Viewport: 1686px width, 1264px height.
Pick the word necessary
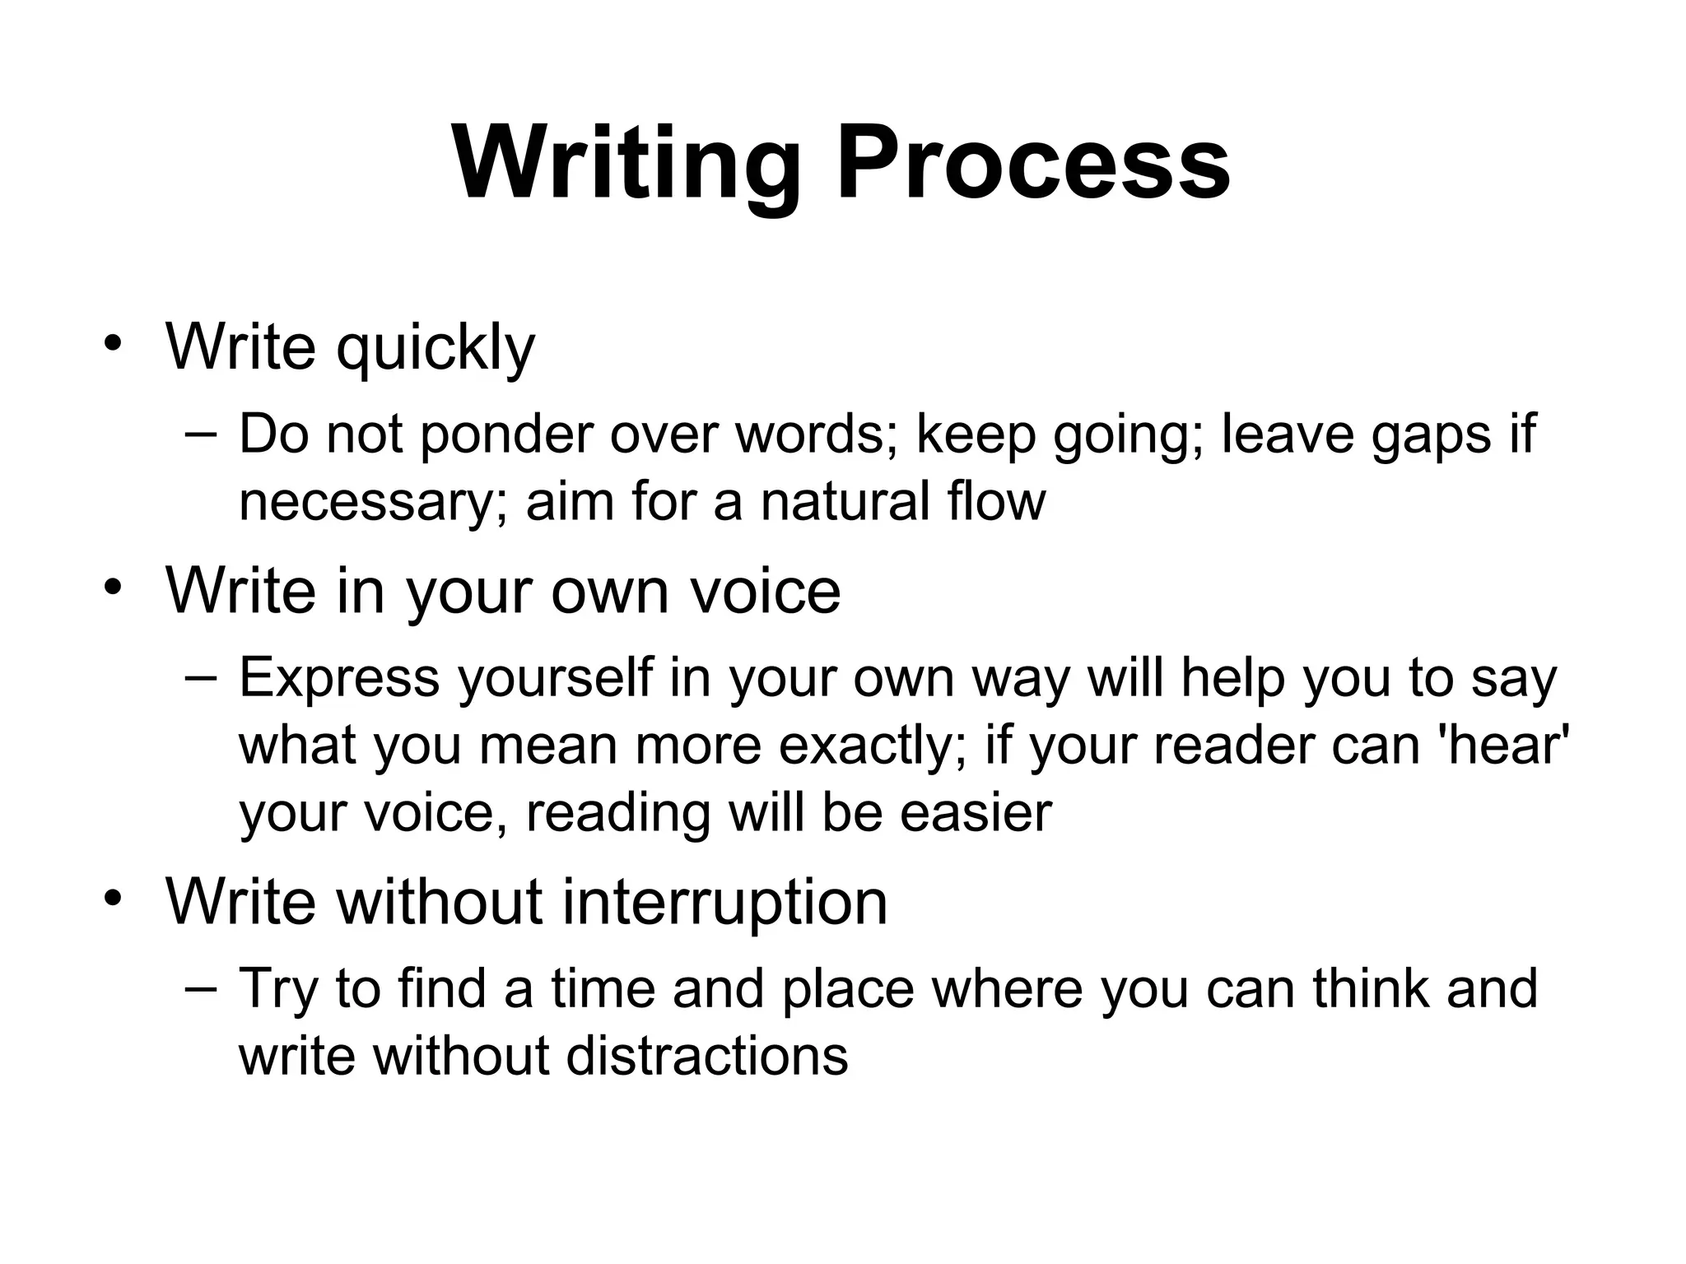[x=364, y=502]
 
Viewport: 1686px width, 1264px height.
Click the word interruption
[x=725, y=902]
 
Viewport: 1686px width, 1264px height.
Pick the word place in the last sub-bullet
[x=848, y=989]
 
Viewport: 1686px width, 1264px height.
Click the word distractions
[x=707, y=1056]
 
